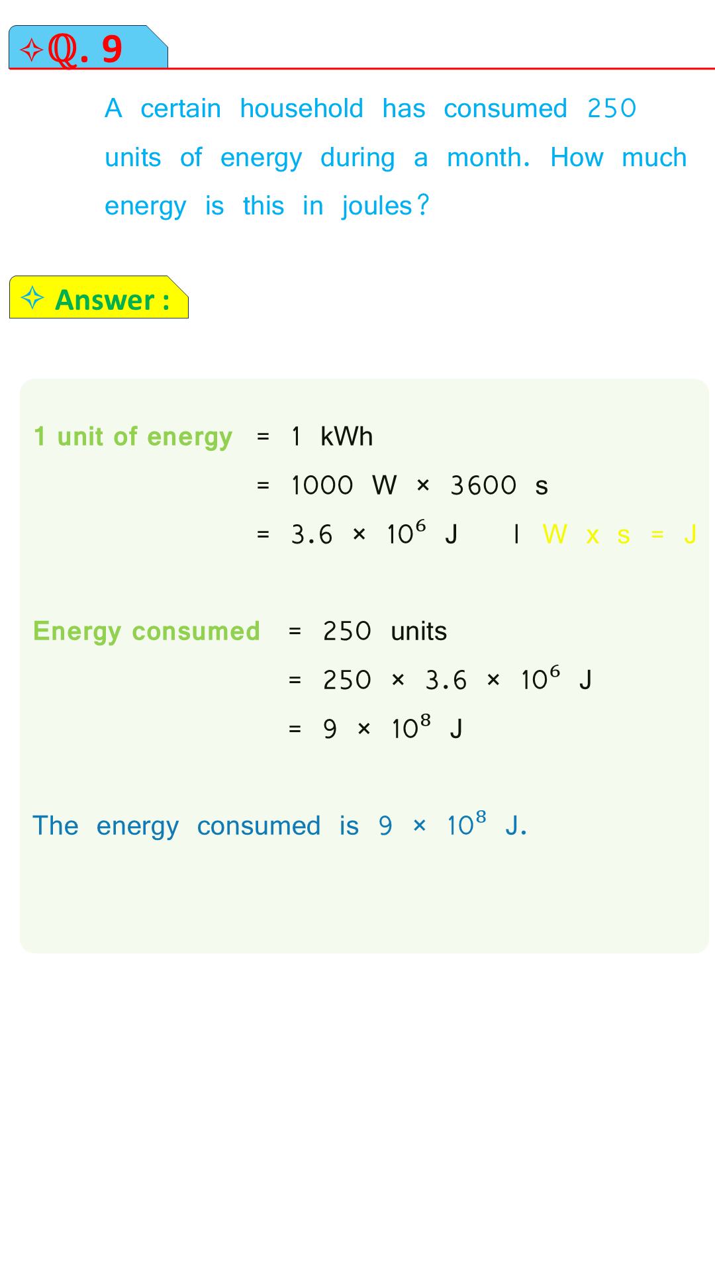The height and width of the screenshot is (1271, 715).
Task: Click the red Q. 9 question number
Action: point(85,50)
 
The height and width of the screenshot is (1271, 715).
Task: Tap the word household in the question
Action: point(302,109)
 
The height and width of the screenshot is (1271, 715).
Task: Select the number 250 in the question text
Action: point(612,109)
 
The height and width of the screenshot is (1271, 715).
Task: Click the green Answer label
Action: point(113,300)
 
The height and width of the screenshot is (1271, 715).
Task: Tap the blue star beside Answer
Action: point(32,298)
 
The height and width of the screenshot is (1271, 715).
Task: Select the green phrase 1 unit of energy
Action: point(133,437)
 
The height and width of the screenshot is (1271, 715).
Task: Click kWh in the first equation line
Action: point(346,437)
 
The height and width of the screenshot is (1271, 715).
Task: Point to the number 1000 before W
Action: point(322,485)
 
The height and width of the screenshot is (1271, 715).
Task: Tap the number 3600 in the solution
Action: point(483,485)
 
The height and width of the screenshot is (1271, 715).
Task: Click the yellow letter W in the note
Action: point(555,534)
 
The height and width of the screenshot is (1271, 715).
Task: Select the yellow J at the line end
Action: point(690,534)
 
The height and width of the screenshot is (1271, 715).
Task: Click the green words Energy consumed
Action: point(146,632)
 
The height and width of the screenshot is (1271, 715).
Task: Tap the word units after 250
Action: point(419,632)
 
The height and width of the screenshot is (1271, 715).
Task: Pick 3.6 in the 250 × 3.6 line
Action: point(446,680)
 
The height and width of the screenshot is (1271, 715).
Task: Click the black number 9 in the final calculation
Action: point(330,729)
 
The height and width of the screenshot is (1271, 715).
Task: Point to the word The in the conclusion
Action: point(56,826)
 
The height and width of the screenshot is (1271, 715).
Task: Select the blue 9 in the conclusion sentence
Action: point(385,826)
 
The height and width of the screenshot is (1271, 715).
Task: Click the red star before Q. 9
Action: point(31,50)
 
